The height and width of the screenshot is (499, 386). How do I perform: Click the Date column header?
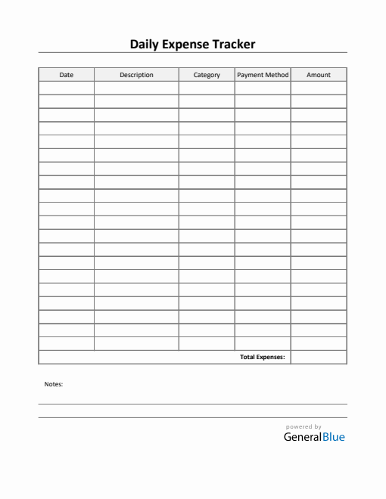pyautogui.click(x=67, y=75)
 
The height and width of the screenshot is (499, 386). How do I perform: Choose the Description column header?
pyautogui.click(x=136, y=75)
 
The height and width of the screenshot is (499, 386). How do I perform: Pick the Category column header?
pyautogui.click(x=207, y=75)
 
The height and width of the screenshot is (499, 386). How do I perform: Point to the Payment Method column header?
pyautogui.click(x=263, y=75)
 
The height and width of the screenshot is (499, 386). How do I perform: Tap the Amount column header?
pyautogui.click(x=319, y=75)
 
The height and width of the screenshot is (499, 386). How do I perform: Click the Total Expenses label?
pyautogui.click(x=262, y=357)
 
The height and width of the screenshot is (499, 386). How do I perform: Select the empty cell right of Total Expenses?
pyautogui.click(x=319, y=357)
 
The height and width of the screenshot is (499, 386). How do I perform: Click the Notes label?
pyautogui.click(x=54, y=384)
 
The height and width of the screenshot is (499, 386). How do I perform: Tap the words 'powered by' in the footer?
pyautogui.click(x=304, y=426)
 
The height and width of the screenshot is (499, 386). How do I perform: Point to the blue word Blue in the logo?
pyautogui.click(x=333, y=437)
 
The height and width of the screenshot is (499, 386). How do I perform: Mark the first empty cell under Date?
pyautogui.click(x=67, y=88)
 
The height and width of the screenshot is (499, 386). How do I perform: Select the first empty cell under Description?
pyautogui.click(x=136, y=88)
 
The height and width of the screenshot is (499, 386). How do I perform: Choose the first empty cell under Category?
pyautogui.click(x=207, y=88)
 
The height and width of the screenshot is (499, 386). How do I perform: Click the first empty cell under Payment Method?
pyautogui.click(x=263, y=88)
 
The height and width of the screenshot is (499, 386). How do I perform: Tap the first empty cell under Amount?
pyautogui.click(x=319, y=88)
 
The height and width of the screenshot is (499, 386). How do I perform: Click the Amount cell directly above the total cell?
pyautogui.click(x=319, y=343)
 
